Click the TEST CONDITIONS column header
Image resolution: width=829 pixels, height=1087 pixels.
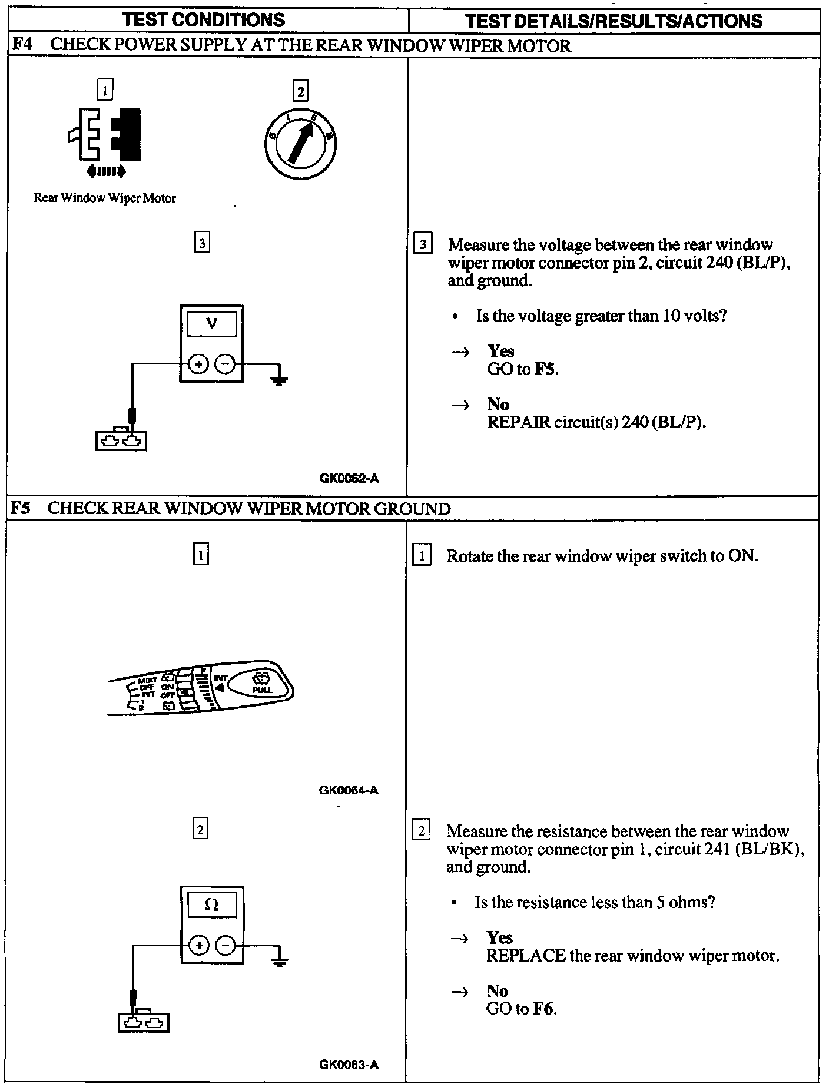tap(204, 20)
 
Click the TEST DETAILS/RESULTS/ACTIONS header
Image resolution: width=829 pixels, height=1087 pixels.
tap(614, 21)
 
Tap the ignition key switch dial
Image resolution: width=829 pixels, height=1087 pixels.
tap(300, 144)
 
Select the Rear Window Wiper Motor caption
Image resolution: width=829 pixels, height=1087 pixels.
tap(105, 198)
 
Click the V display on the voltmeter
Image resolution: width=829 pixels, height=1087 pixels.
tap(211, 323)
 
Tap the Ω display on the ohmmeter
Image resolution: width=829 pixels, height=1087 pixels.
tap(211, 904)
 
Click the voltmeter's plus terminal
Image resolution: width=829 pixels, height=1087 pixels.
tap(198, 364)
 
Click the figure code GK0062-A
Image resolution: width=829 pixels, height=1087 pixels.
tap(349, 478)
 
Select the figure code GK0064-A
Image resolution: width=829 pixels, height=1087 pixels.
tap(349, 790)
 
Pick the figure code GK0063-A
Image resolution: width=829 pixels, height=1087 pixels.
tap(349, 1064)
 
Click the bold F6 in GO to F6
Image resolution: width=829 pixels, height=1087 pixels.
tap(544, 1009)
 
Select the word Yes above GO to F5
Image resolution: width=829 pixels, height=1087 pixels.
tap(500, 351)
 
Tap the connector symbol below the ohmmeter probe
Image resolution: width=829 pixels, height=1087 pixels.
tap(143, 1022)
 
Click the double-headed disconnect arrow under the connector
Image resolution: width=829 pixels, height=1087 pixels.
tap(106, 171)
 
